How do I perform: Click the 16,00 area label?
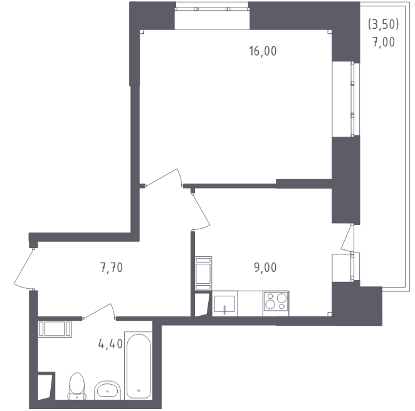click(263, 51)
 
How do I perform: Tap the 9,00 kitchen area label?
click(265, 268)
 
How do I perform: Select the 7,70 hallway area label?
click(112, 268)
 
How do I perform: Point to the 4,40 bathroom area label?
click(110, 344)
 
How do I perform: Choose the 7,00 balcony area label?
click(384, 42)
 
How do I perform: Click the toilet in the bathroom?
click(77, 387)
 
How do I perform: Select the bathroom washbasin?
click(107, 390)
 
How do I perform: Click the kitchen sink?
click(224, 304)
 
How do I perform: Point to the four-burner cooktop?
click(276, 303)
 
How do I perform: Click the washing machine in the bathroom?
click(55, 329)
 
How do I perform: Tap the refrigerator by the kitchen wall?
click(203, 273)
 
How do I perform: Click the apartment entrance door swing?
click(24, 268)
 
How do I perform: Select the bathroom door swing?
click(99, 311)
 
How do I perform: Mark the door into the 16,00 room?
click(164, 177)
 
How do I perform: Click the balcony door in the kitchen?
click(347, 238)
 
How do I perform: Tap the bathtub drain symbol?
click(139, 390)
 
